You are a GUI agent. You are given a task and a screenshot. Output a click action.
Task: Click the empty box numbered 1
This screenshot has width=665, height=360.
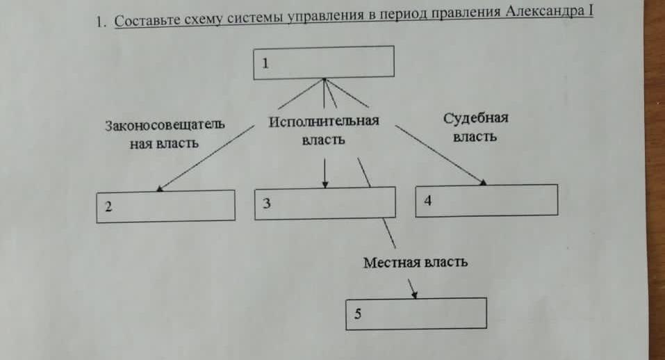click(324, 63)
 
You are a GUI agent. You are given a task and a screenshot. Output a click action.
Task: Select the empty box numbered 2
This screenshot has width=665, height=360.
click(165, 206)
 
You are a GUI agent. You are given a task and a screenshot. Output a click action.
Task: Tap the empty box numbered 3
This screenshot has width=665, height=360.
click(325, 203)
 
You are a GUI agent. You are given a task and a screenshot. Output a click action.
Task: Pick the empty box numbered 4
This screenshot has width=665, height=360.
click(486, 201)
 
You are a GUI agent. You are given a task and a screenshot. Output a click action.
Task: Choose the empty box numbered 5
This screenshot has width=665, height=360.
click(416, 313)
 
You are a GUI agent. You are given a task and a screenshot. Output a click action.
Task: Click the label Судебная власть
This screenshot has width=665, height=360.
click(475, 127)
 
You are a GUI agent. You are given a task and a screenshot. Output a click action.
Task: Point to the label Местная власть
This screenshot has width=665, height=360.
click(416, 263)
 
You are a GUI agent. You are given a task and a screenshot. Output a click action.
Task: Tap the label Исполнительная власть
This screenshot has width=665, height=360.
click(324, 130)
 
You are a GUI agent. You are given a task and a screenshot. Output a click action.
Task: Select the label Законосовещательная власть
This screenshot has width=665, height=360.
click(165, 134)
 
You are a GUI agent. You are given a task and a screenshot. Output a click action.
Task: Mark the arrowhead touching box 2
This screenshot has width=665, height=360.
click(159, 189)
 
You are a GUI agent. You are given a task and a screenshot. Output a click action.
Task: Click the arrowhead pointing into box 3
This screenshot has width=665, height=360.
click(325, 184)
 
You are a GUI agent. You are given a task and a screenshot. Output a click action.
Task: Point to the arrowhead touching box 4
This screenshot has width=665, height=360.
click(483, 182)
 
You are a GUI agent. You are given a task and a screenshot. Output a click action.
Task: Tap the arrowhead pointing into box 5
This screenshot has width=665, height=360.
click(414, 295)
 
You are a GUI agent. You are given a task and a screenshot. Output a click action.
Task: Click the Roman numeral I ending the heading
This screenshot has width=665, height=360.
click(591, 10)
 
